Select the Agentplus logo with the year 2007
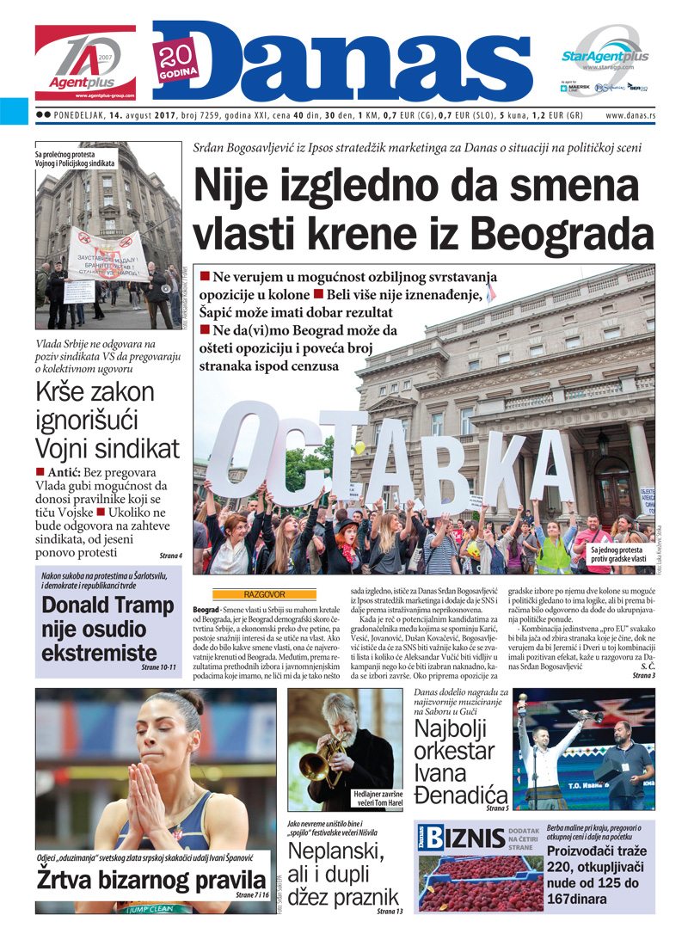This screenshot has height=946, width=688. (85, 63)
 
